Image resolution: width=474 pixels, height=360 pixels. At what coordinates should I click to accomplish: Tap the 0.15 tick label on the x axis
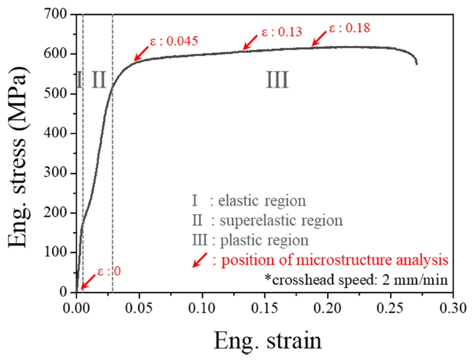pyautogui.click(x=265, y=307)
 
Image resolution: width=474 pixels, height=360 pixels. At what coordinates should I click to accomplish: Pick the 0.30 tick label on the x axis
pyautogui.click(x=452, y=307)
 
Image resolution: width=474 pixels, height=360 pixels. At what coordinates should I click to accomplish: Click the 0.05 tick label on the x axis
pyautogui.click(x=139, y=307)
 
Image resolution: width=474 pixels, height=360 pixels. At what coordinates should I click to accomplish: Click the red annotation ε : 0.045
pyautogui.click(x=173, y=42)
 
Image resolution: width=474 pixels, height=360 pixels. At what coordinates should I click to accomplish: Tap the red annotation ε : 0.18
pyautogui.click(x=349, y=27)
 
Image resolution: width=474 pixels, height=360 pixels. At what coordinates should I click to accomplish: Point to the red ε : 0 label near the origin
pyautogui.click(x=109, y=272)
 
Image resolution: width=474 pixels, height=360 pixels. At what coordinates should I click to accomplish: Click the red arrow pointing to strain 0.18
pyautogui.click(x=319, y=38)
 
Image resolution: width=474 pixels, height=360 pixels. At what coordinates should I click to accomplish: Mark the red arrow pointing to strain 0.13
pyautogui.click(x=250, y=42)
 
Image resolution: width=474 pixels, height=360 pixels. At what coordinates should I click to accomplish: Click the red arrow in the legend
pyautogui.click(x=201, y=260)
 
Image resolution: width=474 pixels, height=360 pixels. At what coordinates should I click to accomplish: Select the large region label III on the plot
pyautogui.click(x=277, y=80)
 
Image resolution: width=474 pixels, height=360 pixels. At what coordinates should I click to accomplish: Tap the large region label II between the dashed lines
pyautogui.click(x=98, y=80)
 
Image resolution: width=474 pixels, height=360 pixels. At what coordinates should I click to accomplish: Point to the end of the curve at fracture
pyautogui.click(x=417, y=64)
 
